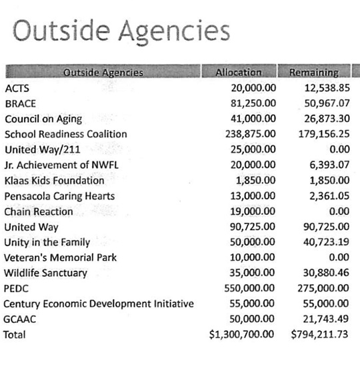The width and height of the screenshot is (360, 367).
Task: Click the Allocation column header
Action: [x=239, y=72]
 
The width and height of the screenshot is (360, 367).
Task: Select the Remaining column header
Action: [x=314, y=72]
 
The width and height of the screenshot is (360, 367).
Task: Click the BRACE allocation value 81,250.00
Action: [x=253, y=103]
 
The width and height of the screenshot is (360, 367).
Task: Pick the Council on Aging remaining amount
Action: [x=323, y=119]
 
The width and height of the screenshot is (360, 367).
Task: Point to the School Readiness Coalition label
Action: [x=65, y=134]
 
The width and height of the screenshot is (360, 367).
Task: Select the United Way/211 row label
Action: [x=42, y=149]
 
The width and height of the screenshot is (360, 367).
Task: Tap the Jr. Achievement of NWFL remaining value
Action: [x=326, y=165]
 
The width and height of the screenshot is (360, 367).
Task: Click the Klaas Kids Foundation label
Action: [x=54, y=181]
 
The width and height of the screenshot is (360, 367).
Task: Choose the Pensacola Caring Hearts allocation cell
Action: [x=253, y=196]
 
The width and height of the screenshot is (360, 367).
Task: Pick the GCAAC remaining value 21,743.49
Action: [x=323, y=320]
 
